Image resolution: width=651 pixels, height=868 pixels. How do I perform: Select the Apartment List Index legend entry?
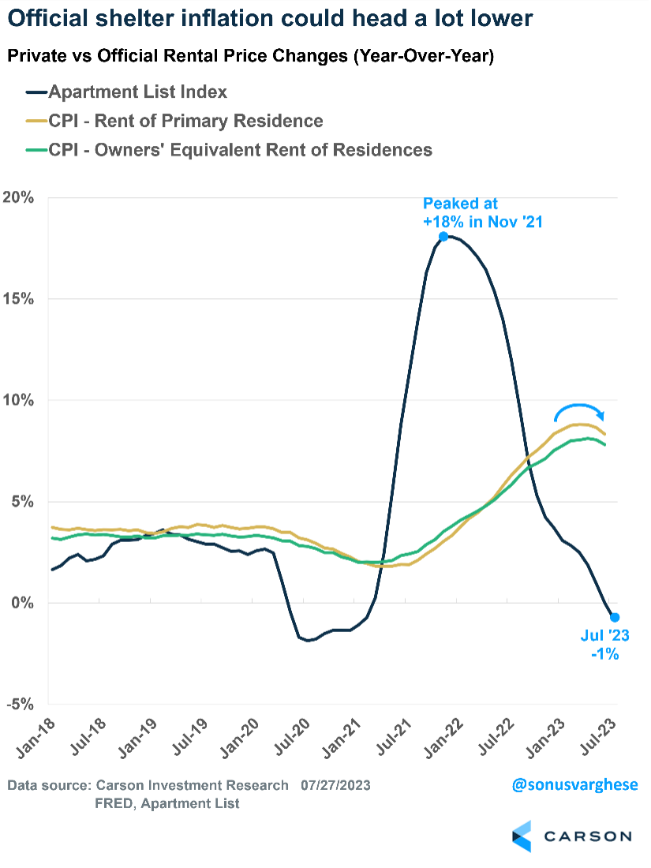click(138, 92)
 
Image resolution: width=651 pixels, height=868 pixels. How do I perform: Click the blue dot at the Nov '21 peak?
click(443, 236)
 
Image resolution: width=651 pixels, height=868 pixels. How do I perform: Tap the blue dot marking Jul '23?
click(615, 617)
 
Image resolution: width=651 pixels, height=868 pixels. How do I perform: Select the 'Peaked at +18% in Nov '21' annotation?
click(482, 213)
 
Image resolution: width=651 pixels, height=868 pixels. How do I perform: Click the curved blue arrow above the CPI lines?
click(580, 410)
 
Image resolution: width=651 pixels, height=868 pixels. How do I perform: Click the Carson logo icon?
click(522, 836)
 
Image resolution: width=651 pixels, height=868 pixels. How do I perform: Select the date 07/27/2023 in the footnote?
click(335, 785)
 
